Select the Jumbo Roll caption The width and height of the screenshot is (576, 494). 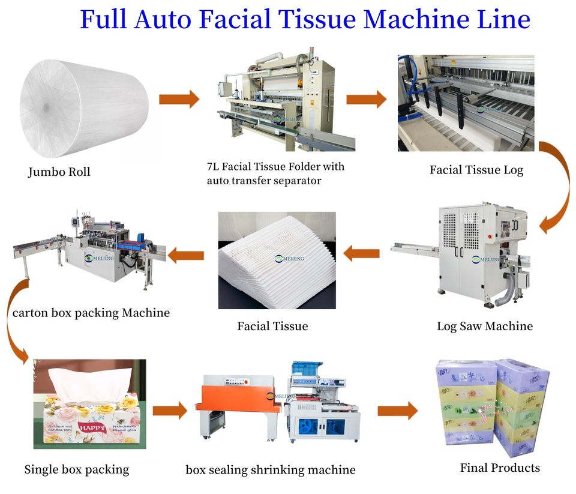[59, 172]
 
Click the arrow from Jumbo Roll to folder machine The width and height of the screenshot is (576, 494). [179, 98]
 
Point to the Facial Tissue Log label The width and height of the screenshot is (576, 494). [476, 170]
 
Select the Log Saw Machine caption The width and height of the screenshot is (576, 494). [484, 327]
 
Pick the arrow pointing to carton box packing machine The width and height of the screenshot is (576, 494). [185, 256]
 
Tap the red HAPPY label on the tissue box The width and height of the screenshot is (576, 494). [92, 428]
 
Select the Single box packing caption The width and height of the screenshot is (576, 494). [76, 469]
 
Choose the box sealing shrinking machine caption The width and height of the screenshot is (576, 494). [270, 469]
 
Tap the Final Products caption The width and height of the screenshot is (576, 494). [499, 468]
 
